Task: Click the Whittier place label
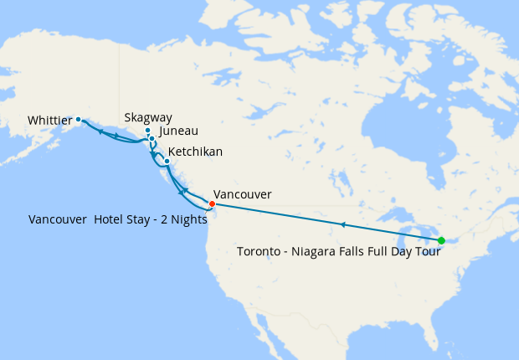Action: (49, 121)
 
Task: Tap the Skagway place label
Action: (147, 118)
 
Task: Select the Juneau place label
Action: (178, 131)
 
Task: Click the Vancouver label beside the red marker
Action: (243, 194)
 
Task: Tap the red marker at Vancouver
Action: (212, 203)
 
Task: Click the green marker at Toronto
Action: (441, 241)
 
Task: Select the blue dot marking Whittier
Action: (79, 120)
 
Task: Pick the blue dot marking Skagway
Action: (148, 131)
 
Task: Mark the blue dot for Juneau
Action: (152, 138)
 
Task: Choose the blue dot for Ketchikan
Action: (167, 161)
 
